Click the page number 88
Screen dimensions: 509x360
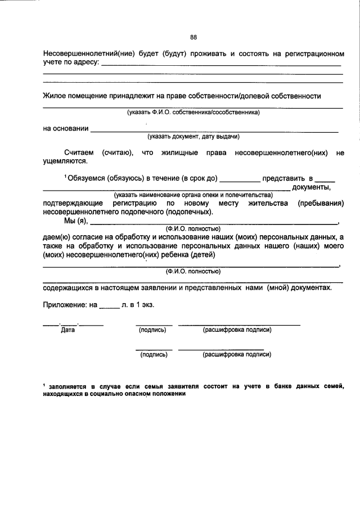coord(193,38)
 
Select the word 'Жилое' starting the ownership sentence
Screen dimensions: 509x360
coord(54,96)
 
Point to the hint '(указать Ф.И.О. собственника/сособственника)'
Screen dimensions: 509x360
coord(193,112)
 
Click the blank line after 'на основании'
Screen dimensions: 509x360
coord(214,130)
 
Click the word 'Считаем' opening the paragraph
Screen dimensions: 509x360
coord(79,152)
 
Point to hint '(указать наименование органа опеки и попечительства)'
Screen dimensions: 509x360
coord(193,195)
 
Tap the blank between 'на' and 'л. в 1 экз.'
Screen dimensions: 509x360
coord(109,307)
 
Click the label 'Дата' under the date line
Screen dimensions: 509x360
coord(68,330)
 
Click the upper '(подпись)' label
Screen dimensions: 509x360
coord(152,330)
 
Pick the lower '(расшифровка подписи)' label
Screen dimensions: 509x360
coord(237,355)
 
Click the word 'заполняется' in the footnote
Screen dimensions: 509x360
coord(67,386)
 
